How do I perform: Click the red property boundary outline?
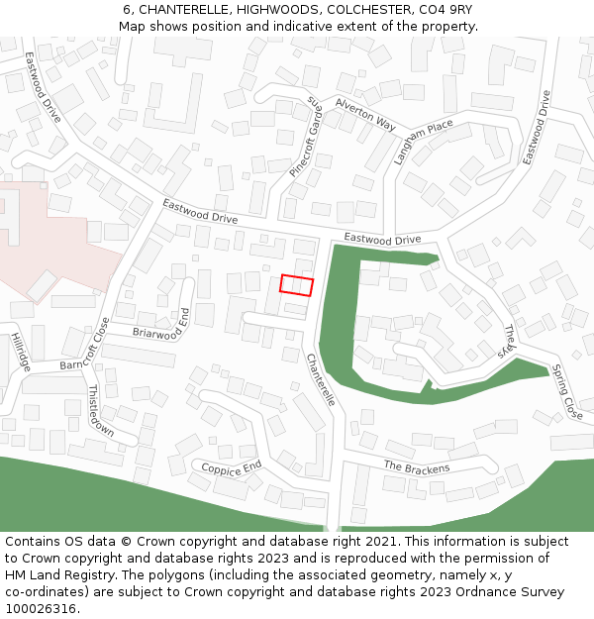tap(296, 285)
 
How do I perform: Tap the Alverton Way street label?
tap(365, 115)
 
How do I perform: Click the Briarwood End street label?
tap(160, 323)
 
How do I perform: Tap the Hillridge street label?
tap(22, 352)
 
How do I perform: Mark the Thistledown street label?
tap(100, 412)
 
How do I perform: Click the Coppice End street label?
tap(232, 467)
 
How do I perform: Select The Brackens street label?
tap(416, 467)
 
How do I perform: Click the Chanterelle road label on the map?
tap(321, 379)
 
